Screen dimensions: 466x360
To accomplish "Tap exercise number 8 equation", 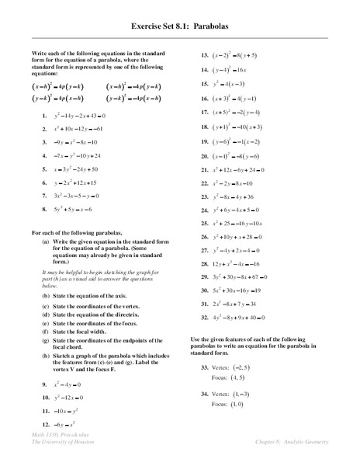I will [74, 209].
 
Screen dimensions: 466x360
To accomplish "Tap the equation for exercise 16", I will [240, 99].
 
